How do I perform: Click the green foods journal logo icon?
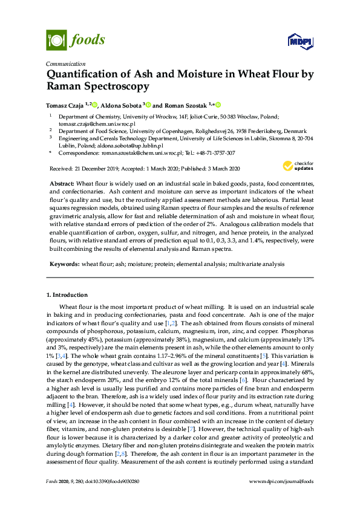(56, 41)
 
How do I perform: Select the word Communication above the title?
(64, 63)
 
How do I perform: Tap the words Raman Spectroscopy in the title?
(98, 87)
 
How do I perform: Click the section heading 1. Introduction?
(67, 294)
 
